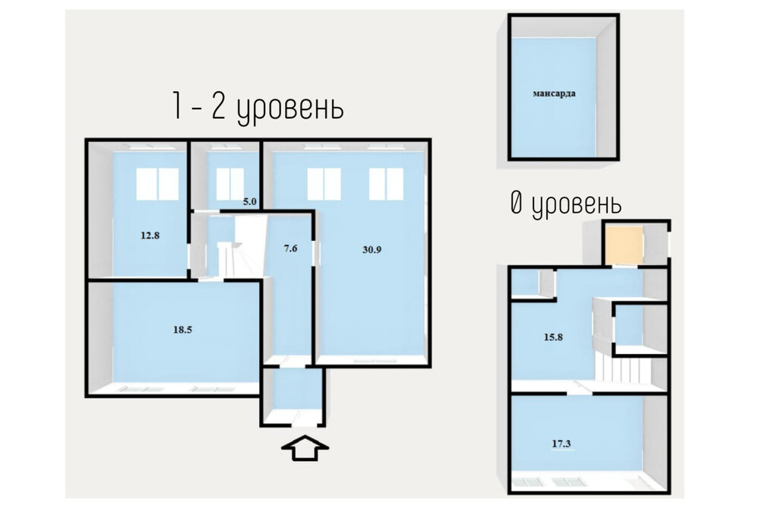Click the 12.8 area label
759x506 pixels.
click(x=150, y=235)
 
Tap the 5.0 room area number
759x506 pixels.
click(x=250, y=202)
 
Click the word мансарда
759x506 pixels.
click(x=553, y=95)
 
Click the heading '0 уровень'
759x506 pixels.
click(x=565, y=204)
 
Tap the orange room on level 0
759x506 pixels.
click(x=623, y=245)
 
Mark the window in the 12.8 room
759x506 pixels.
click(x=157, y=183)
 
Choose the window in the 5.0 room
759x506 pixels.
click(x=229, y=183)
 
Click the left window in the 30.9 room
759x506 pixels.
click(x=324, y=184)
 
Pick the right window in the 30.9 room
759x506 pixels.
click(x=386, y=184)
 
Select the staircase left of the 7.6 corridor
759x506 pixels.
click(x=229, y=251)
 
